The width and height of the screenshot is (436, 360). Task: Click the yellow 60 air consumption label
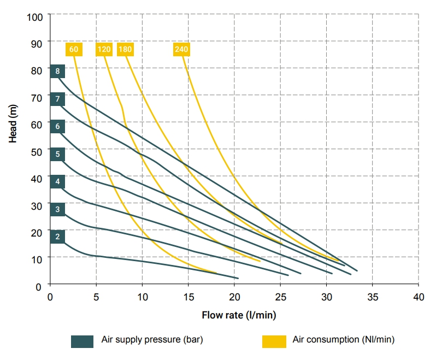(x=74, y=49)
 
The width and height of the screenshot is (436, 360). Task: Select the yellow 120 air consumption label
(x=104, y=49)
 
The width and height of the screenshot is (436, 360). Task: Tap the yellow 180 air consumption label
(x=125, y=49)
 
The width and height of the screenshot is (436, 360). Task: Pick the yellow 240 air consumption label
(x=181, y=49)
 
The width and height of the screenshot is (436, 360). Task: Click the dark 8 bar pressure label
(x=57, y=71)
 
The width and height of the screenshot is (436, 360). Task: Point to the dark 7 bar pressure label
(x=57, y=99)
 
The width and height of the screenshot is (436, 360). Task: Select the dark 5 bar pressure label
(x=57, y=154)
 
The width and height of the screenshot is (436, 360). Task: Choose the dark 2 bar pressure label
(x=57, y=237)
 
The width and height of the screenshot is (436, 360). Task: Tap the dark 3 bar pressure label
(x=57, y=209)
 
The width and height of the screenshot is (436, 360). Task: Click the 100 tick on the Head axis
(x=35, y=16)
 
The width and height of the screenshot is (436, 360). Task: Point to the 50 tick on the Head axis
(x=37, y=151)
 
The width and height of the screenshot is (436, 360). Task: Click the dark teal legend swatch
(x=83, y=340)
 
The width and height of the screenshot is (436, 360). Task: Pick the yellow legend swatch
(x=274, y=340)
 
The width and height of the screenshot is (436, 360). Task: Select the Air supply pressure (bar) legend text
(x=152, y=340)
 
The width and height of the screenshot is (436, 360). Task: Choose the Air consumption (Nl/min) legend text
(x=344, y=340)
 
